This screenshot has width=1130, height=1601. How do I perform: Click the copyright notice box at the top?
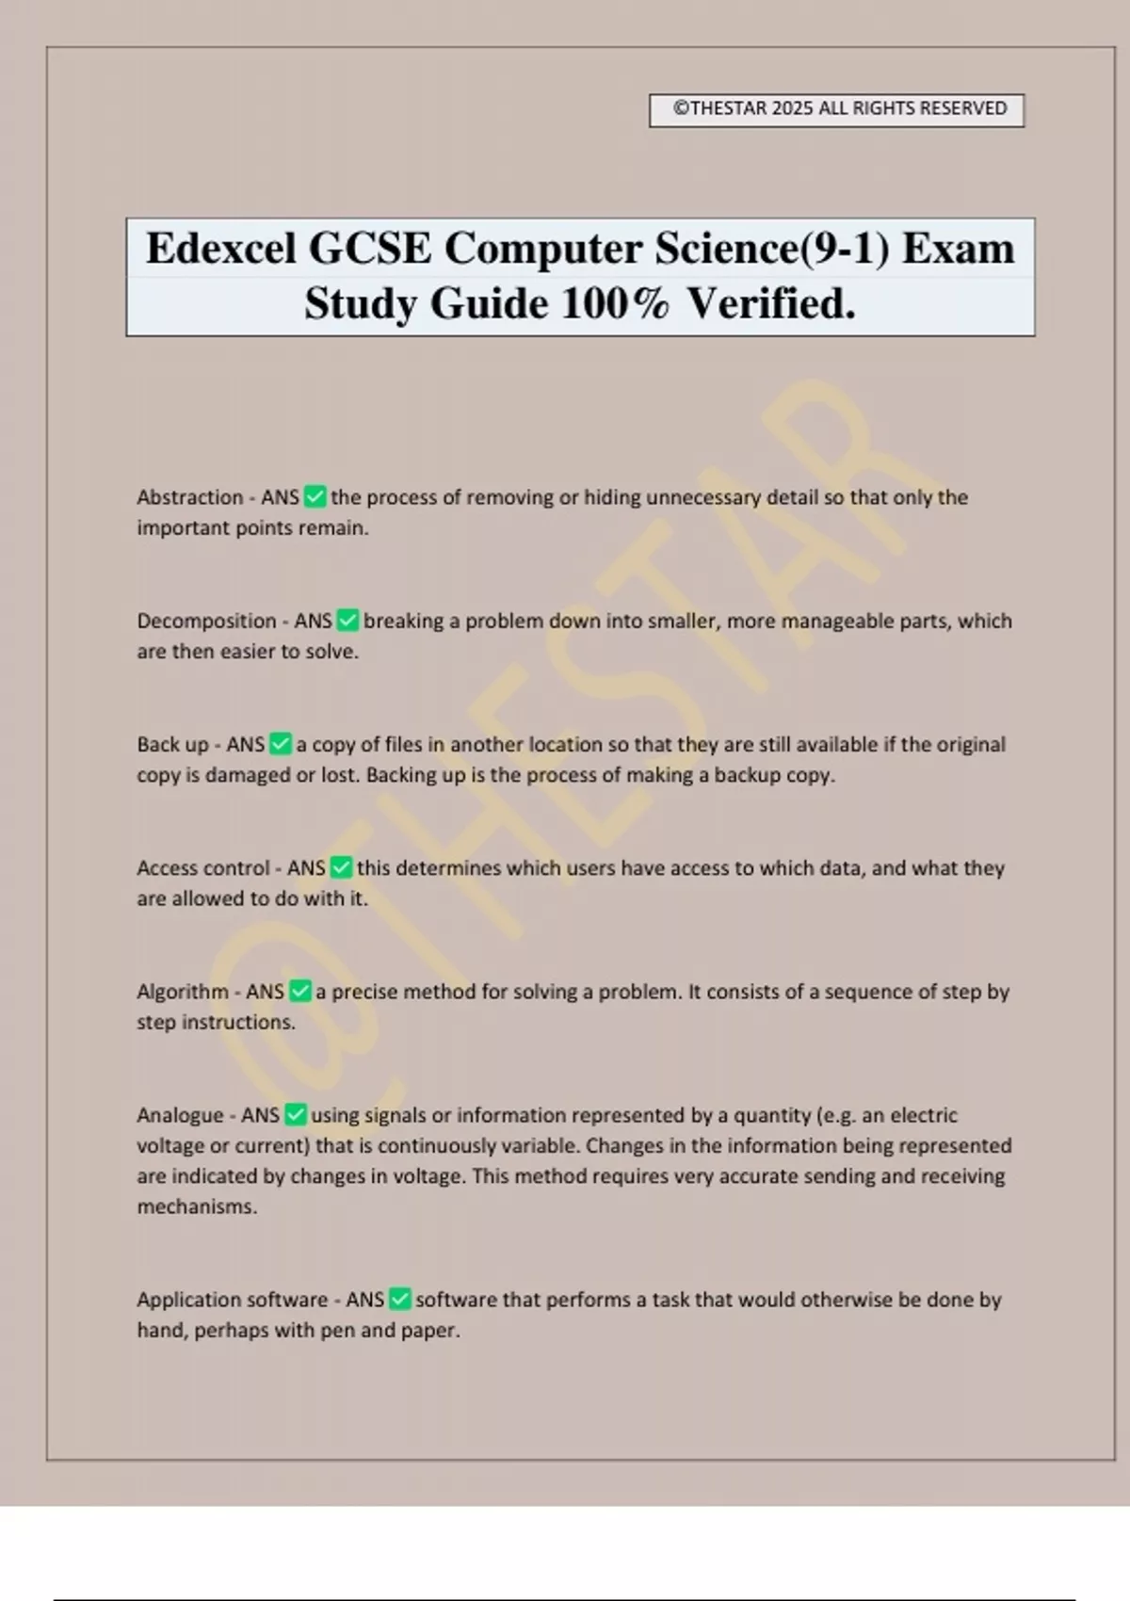coord(836,109)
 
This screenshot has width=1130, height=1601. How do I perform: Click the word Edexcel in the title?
coord(221,250)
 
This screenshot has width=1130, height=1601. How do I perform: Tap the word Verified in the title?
coord(770,304)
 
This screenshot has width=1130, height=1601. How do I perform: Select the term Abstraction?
coord(190,497)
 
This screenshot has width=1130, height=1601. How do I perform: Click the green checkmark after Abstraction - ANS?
coord(315,496)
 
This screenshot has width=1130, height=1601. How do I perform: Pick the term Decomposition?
coord(206,621)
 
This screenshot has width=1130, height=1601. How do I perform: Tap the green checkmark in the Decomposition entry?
coord(347,621)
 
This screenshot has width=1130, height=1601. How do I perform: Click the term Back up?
coord(172,744)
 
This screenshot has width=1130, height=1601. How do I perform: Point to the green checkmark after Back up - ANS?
coord(281,744)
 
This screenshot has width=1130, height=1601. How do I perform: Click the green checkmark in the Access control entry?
coord(342,867)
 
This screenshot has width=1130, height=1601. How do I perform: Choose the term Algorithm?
coord(183,992)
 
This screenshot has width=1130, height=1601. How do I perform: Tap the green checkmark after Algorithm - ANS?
coord(300,991)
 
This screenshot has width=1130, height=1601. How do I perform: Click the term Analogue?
coord(180,1115)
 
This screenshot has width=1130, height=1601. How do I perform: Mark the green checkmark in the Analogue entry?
coord(296,1115)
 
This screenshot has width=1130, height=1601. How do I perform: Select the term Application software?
coord(233,1300)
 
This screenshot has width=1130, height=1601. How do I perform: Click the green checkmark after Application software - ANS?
coord(400,1300)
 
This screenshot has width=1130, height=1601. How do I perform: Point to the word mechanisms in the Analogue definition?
coord(197,1206)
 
